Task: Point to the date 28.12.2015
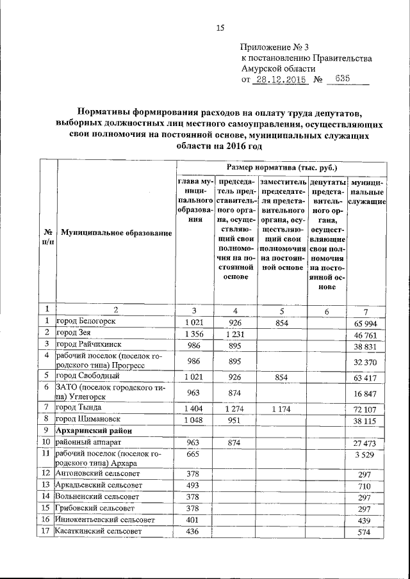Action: (x=280, y=81)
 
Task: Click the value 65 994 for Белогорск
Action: (x=366, y=323)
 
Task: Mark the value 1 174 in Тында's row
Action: (x=282, y=408)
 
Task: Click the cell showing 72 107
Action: (x=366, y=408)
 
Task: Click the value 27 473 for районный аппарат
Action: (x=366, y=443)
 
